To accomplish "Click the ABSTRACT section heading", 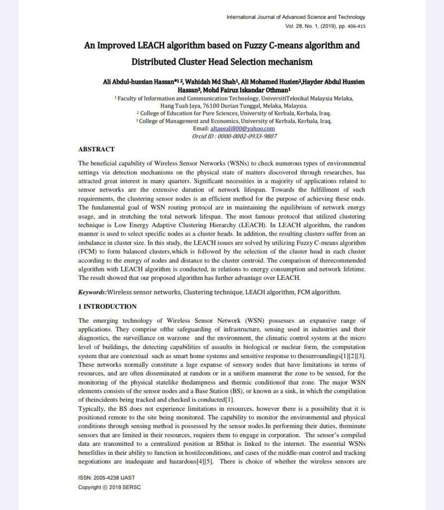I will click(x=96, y=149).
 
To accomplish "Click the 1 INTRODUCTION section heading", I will click(x=107, y=306).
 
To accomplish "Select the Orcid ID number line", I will click(x=235, y=136).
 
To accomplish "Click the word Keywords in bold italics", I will click(x=92, y=292).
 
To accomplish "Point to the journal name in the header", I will click(x=295, y=17).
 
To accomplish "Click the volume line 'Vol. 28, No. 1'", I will click(x=325, y=26).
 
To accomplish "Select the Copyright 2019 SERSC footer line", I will click(x=109, y=487).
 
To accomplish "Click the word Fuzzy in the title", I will click(x=256, y=45).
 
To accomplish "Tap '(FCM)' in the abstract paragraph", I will click(x=88, y=253).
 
